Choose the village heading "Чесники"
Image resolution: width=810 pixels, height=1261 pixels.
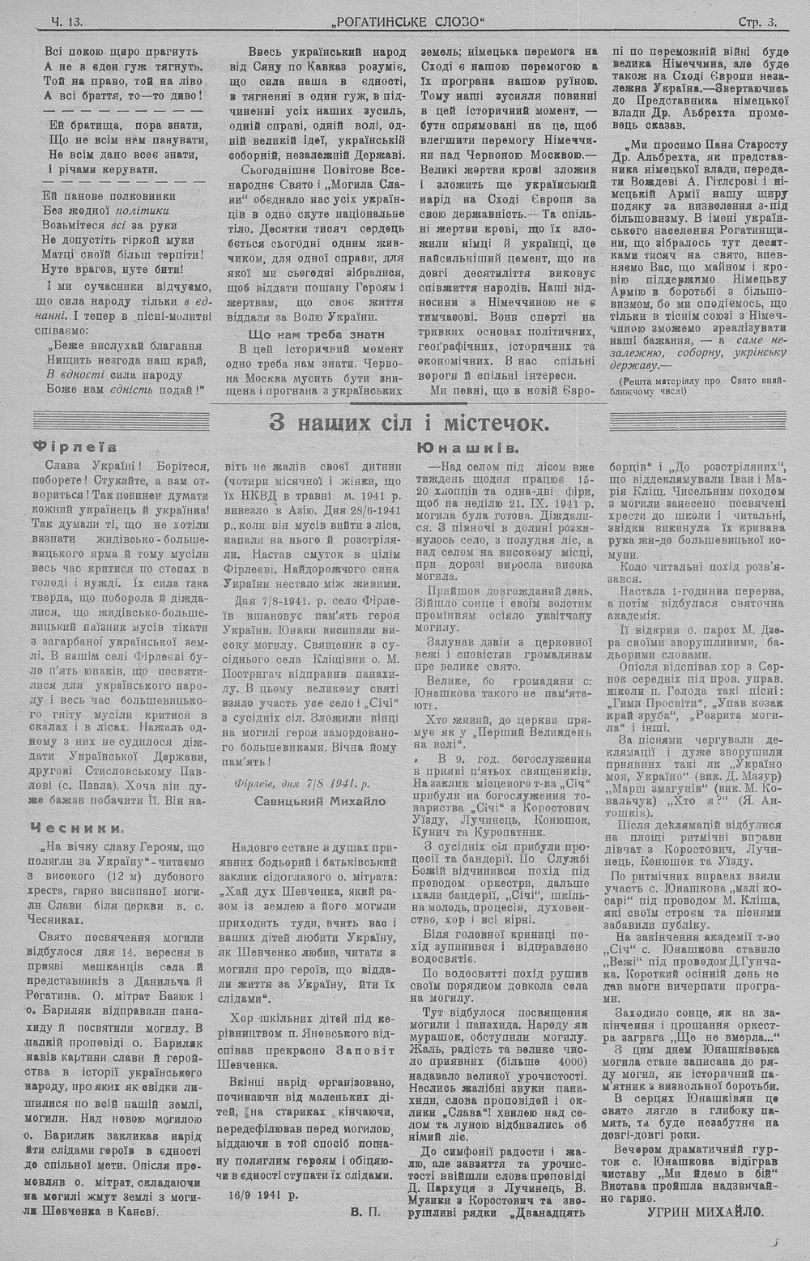78,828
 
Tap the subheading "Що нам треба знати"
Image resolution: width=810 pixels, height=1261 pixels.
315,334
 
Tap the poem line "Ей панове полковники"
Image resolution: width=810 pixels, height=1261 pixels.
108,196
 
